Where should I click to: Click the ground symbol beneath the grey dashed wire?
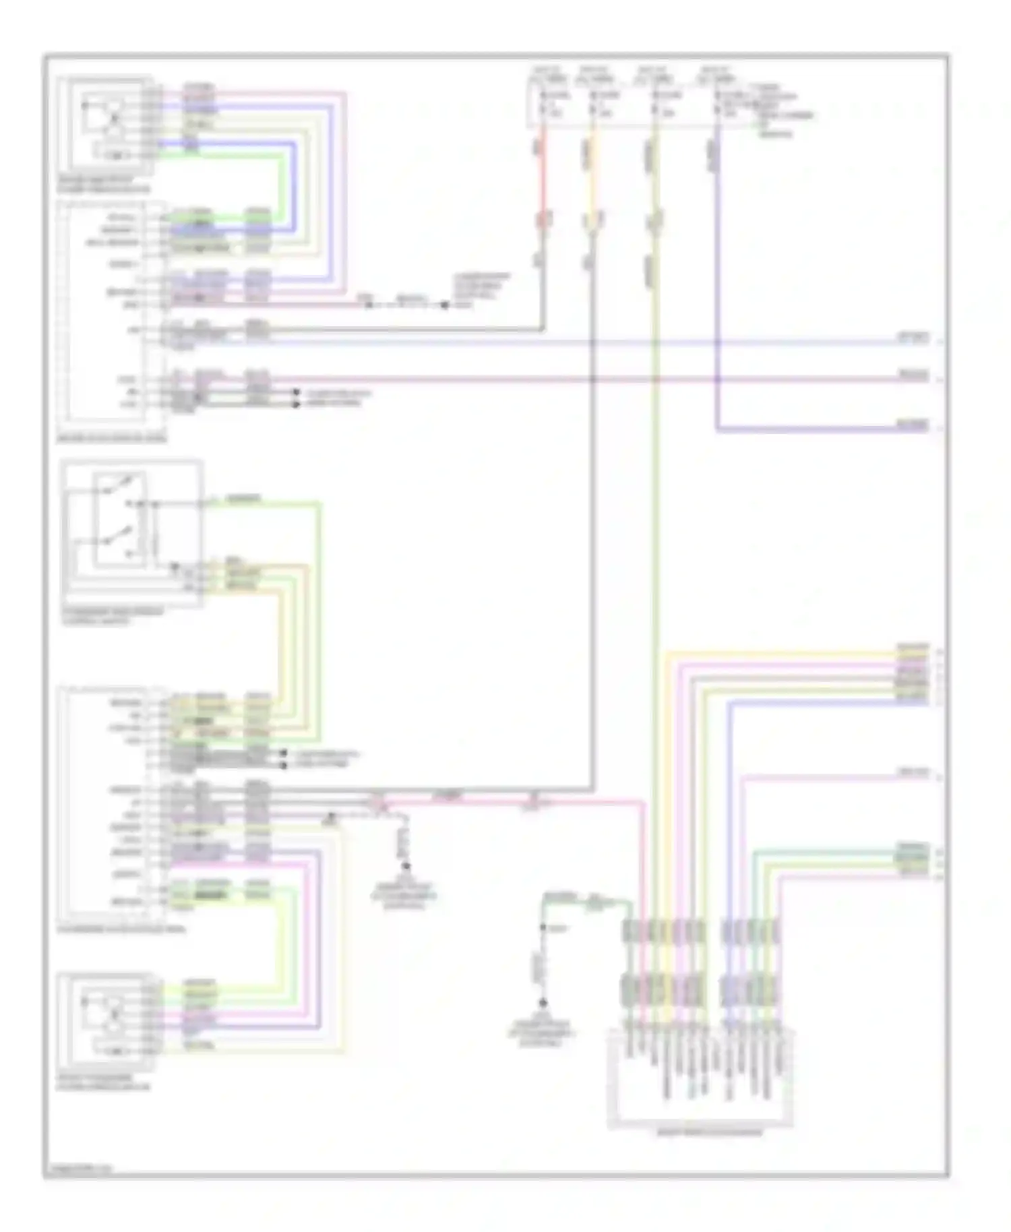pyautogui.click(x=406, y=867)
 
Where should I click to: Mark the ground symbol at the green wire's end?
pyautogui.click(x=543, y=1004)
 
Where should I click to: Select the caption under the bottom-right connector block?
pyautogui.click(x=700, y=1133)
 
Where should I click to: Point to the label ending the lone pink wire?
pyautogui.click(x=913, y=773)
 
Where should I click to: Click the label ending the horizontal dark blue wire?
pyautogui.click(x=913, y=425)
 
